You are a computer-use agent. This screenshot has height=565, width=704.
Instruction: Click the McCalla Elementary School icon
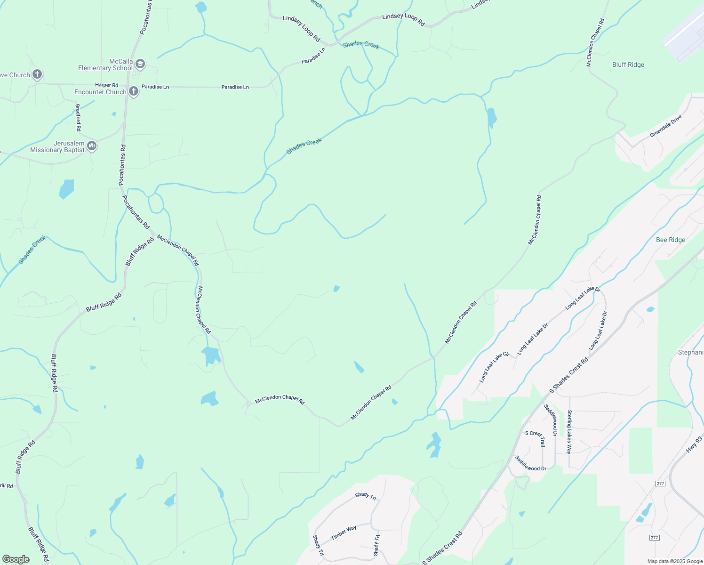(140, 64)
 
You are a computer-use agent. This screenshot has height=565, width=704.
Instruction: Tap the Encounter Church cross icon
(134, 91)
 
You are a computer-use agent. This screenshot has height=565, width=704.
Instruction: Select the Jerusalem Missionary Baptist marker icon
(92, 146)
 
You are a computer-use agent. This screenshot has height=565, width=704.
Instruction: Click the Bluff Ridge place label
(628, 65)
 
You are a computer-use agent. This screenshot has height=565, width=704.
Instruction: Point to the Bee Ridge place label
(671, 240)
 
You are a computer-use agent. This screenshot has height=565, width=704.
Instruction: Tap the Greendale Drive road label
(666, 126)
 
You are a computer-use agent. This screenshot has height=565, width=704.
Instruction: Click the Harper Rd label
(106, 85)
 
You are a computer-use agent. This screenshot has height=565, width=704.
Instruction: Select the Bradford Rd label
(78, 118)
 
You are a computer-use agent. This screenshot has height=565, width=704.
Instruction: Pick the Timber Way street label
(344, 533)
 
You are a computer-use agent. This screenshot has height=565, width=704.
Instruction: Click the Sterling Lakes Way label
(569, 432)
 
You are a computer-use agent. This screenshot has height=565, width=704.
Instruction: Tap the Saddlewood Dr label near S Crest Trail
(530, 463)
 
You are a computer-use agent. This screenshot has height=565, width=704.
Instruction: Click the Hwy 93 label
(694, 445)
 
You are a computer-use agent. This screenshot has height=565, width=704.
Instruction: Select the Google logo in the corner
(16, 559)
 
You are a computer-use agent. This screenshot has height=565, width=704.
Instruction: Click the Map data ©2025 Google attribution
(675, 561)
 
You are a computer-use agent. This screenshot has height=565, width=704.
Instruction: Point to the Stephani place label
(690, 353)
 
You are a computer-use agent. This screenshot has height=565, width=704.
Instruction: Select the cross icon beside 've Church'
(37, 74)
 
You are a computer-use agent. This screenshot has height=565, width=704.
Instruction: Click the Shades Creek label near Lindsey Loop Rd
(361, 45)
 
